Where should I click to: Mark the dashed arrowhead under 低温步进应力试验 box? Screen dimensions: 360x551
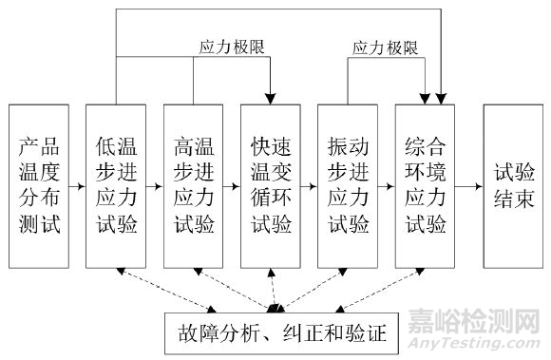[x=119, y=273]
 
